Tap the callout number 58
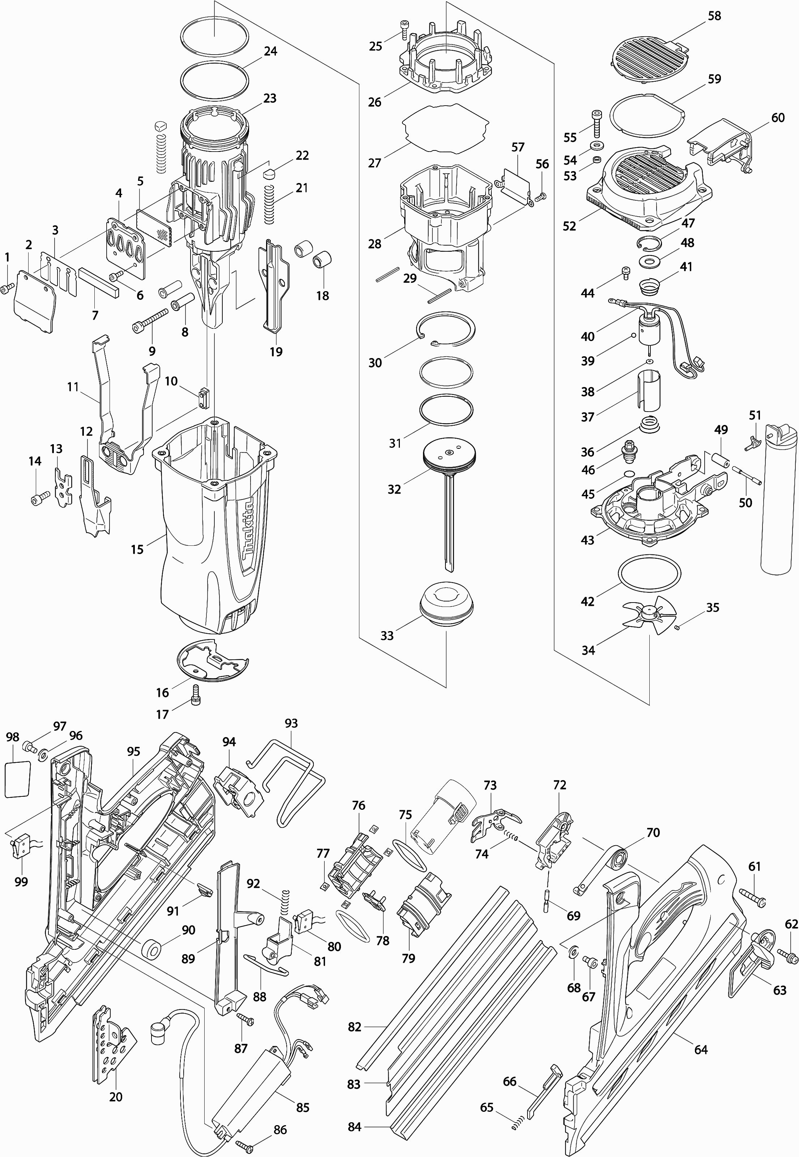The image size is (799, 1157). pos(714,16)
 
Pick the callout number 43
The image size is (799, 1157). pos(587,540)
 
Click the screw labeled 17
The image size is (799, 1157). pos(196,694)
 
